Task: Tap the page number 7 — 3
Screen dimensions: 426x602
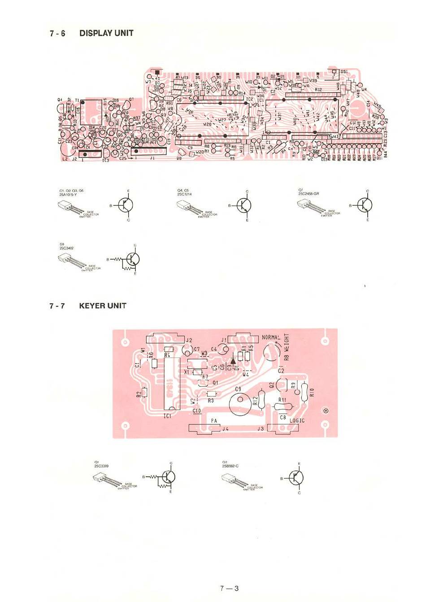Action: point(229,589)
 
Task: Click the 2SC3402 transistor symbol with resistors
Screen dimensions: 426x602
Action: point(131,260)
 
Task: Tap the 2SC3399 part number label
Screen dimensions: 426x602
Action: point(101,466)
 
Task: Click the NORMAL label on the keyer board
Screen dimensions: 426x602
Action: point(271,337)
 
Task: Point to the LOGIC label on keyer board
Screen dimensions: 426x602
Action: point(296,421)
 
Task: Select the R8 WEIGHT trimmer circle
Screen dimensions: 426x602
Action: point(271,352)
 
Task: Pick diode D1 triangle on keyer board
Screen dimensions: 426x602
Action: point(233,359)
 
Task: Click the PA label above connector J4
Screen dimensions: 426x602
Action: point(214,421)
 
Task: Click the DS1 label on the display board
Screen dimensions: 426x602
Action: point(343,71)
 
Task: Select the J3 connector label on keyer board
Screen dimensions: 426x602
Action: point(261,429)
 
